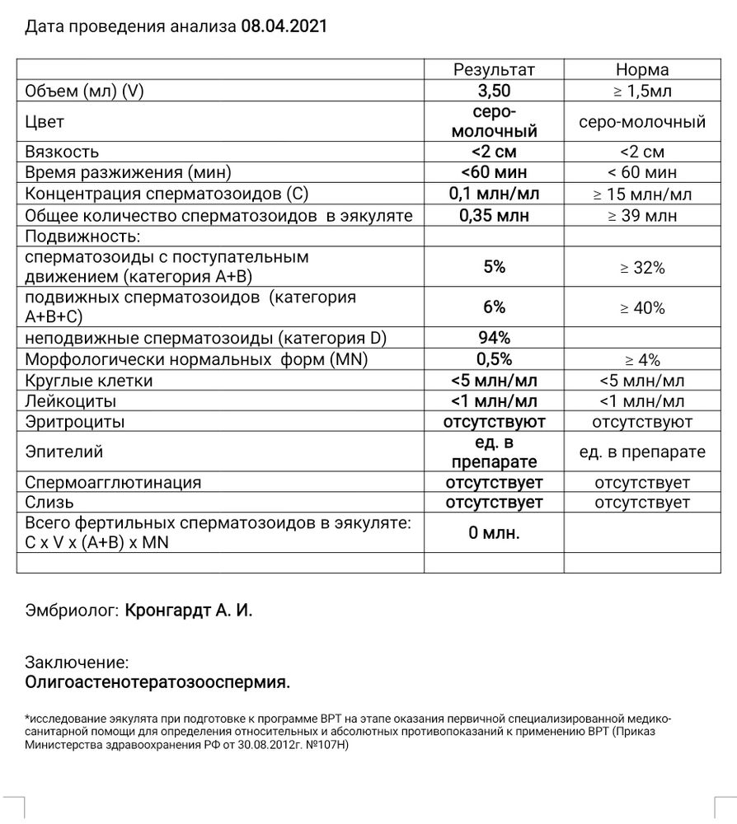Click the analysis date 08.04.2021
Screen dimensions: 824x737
(284, 26)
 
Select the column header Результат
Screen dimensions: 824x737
(494, 70)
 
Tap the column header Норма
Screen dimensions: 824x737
(642, 70)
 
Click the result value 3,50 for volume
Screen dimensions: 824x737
(494, 91)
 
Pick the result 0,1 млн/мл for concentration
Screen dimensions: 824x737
(494, 194)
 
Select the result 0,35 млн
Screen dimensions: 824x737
(494, 216)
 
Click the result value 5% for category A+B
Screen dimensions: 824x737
(494, 267)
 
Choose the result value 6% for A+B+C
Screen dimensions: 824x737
(494, 307)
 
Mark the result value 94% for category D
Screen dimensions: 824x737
(494, 338)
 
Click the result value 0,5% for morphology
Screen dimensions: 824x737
(494, 359)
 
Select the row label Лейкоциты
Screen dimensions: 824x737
(71, 401)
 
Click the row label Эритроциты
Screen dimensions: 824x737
(75, 422)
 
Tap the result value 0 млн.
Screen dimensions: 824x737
(494, 533)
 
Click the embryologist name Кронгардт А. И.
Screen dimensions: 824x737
(189, 611)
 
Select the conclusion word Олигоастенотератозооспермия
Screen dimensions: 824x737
(158, 682)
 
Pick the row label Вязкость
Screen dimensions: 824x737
(63, 152)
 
